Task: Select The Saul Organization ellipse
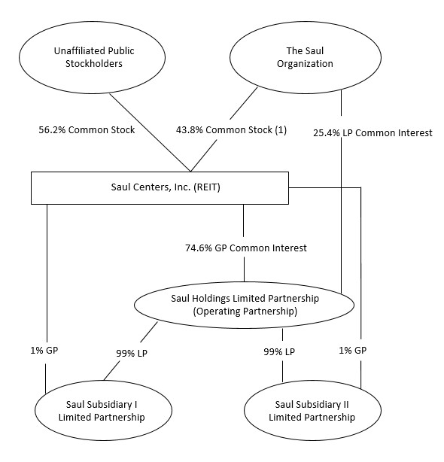306,58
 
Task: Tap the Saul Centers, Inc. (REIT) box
159,187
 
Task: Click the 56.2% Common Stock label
87,129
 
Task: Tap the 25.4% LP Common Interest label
373,133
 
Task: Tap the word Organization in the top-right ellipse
306,65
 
